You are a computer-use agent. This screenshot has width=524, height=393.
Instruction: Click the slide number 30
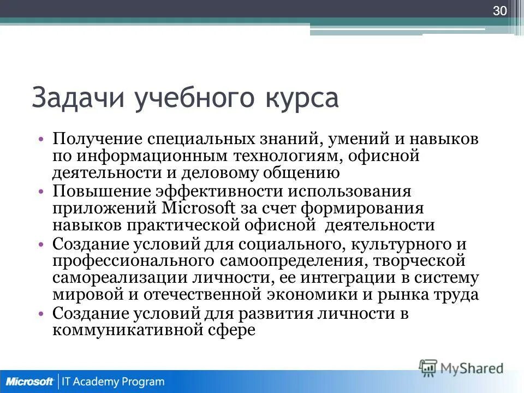(500, 11)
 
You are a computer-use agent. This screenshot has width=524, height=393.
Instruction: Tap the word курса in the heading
(293, 99)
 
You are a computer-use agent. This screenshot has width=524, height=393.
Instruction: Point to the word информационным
(147, 156)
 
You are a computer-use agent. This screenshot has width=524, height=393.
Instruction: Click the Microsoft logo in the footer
(30, 382)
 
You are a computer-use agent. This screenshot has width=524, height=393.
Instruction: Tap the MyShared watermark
(461, 368)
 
